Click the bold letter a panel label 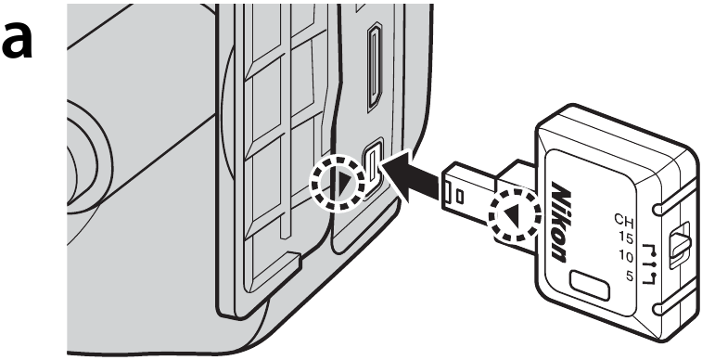[17, 39]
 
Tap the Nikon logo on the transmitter [560, 221]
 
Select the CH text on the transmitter [624, 220]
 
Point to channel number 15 [625, 238]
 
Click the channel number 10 [626, 257]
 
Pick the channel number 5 [630, 276]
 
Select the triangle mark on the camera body [345, 183]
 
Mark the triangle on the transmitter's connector [512, 217]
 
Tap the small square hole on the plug [459, 195]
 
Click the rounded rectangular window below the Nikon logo [590, 286]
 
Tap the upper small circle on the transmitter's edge [657, 208]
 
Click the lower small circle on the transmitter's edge [657, 308]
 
